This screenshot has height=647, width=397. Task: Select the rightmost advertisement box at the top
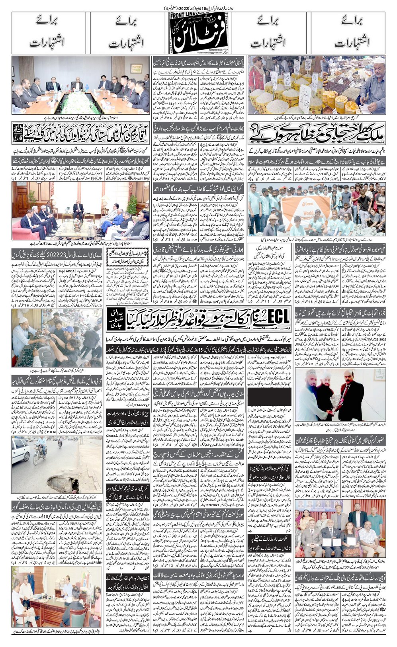pos(348,33)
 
